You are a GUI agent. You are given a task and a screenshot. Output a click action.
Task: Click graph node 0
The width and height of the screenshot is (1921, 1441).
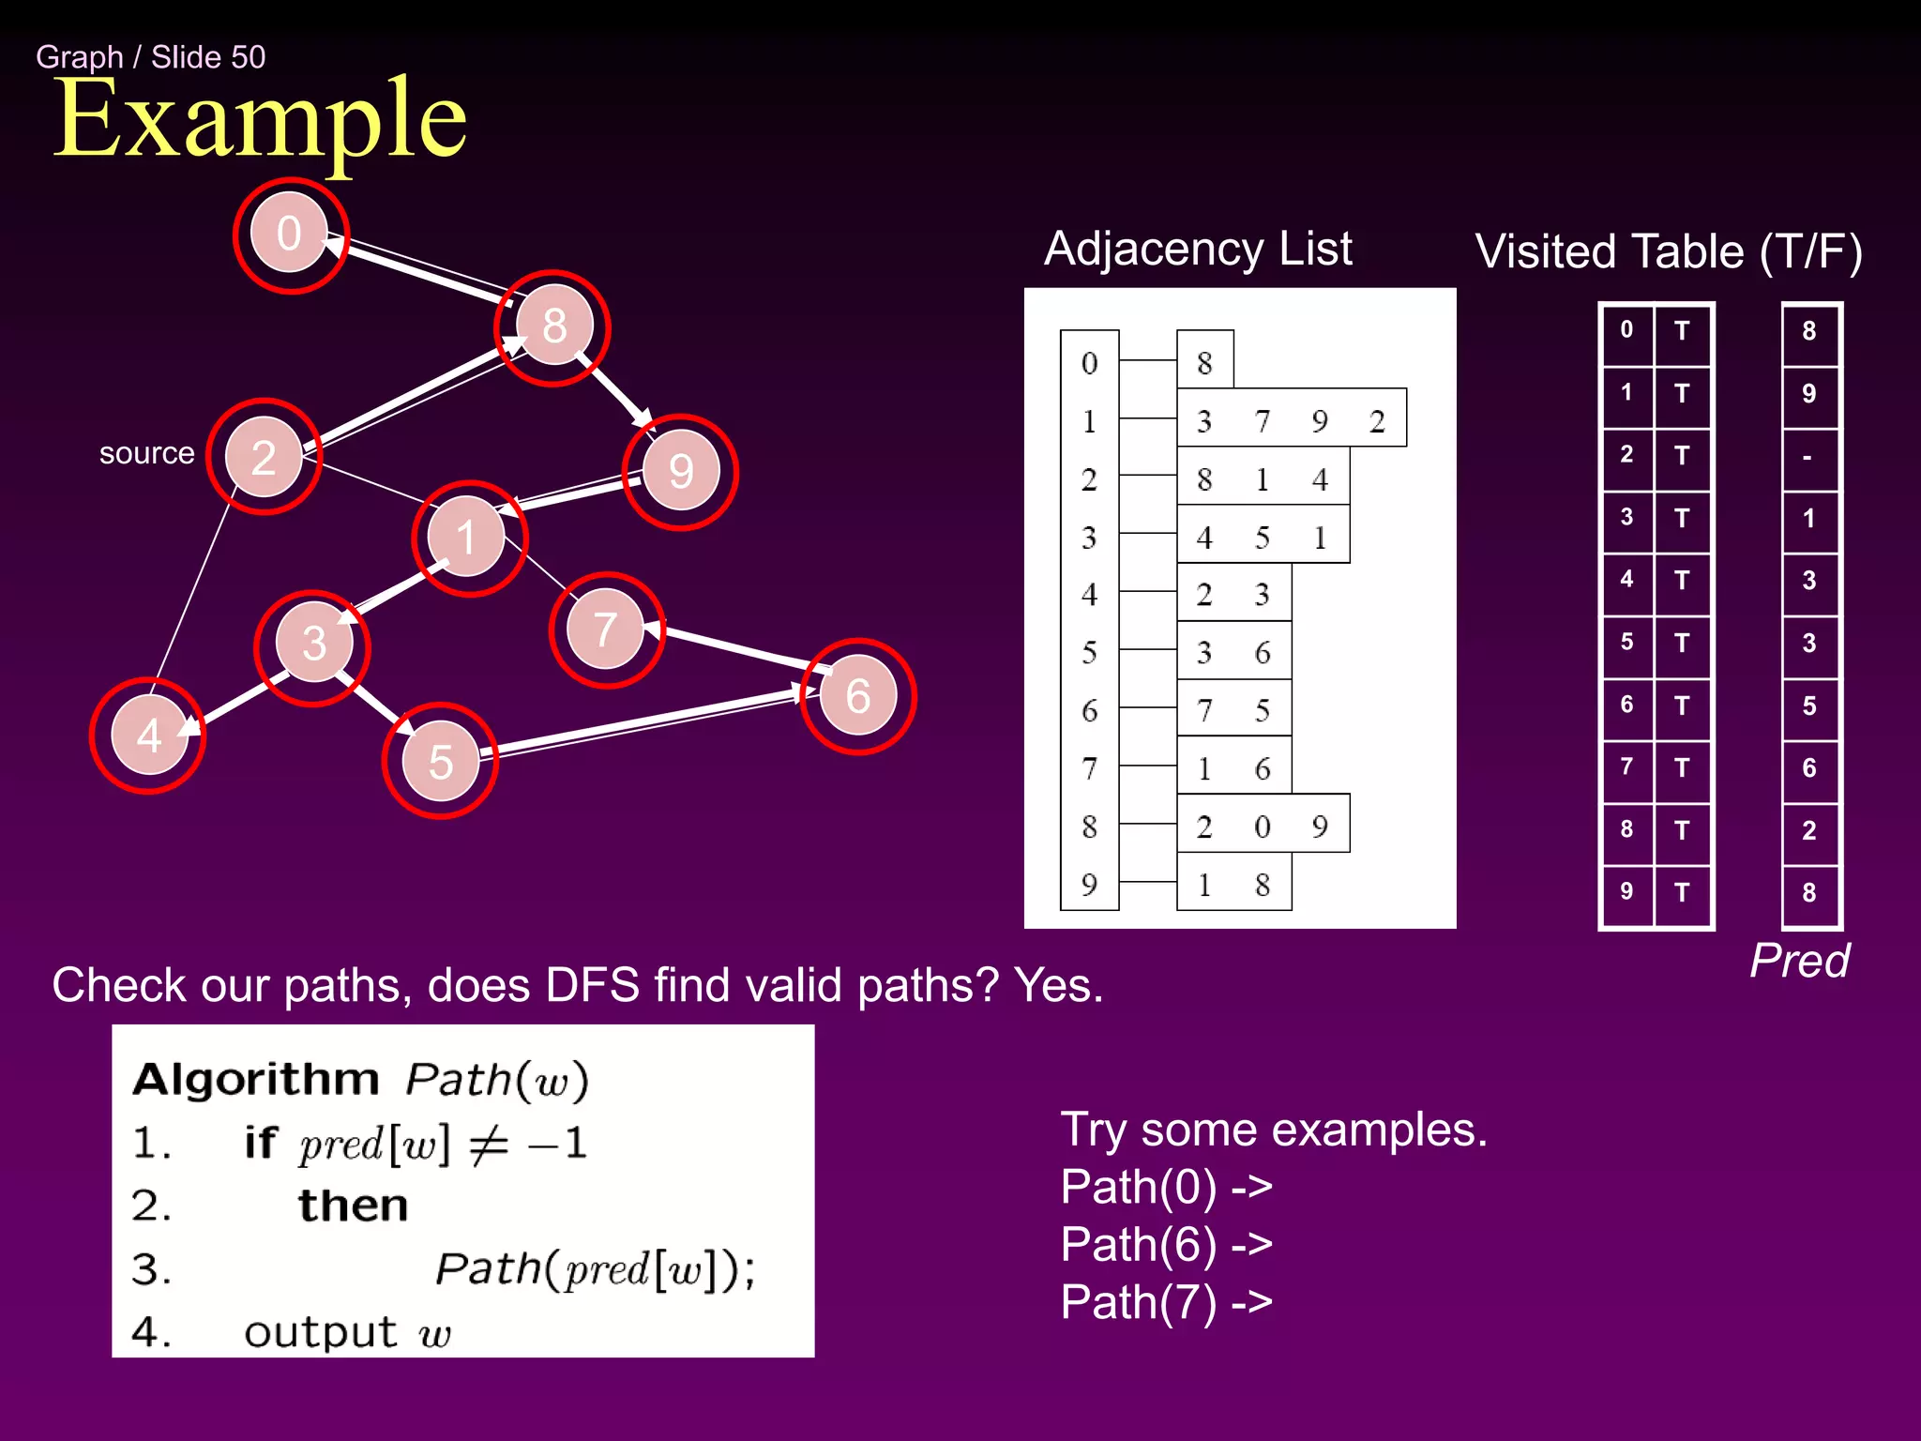point(289,235)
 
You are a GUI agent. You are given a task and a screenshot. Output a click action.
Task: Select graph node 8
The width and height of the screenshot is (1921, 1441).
point(554,326)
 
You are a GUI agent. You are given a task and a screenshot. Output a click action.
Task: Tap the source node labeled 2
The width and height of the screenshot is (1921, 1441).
point(264,457)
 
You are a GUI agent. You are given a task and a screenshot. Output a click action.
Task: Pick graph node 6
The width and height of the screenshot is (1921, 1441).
point(857,696)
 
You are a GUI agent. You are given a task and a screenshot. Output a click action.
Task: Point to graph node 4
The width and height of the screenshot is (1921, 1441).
point(148,736)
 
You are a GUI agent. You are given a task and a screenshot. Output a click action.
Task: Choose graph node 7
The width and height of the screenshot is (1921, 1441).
point(606,629)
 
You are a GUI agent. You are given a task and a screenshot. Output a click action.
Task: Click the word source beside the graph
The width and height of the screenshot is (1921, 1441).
point(146,453)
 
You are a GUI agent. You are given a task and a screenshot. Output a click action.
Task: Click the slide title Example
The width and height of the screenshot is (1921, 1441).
point(260,119)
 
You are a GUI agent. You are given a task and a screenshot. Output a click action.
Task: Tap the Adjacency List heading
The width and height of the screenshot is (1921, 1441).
point(1198,250)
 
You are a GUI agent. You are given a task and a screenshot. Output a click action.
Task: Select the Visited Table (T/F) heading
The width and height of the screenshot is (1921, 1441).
point(1668,252)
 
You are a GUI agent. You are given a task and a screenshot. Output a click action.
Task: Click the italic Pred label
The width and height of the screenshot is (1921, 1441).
point(1799,961)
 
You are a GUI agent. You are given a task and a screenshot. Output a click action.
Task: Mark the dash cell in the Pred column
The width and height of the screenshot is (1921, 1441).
point(1808,458)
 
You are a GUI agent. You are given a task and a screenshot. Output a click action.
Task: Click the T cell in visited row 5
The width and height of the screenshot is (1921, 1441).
point(1682,644)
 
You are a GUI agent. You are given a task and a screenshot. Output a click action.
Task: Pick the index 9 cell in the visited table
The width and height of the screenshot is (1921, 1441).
point(1626,891)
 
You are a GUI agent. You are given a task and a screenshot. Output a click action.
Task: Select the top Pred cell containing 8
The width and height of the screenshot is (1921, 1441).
point(1808,331)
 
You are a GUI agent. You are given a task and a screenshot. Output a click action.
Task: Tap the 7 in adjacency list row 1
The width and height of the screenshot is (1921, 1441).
point(1263,421)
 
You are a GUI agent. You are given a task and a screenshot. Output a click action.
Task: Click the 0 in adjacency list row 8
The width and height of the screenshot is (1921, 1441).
point(1263,827)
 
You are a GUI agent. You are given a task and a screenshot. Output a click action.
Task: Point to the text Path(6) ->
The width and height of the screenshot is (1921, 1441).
point(1166,1245)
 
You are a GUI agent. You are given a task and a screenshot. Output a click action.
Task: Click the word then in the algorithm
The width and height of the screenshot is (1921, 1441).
point(354,1206)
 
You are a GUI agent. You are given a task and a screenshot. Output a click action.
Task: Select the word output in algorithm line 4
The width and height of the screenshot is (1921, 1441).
point(321,1332)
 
